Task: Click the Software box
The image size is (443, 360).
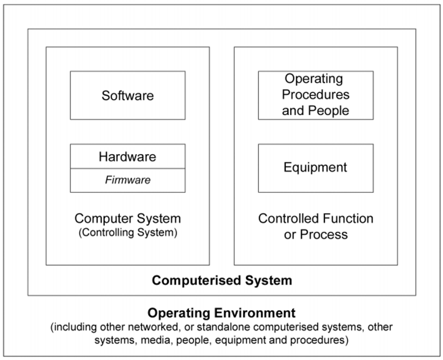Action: tap(127, 95)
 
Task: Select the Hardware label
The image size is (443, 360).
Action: tap(127, 156)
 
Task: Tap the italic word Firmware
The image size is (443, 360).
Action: tap(127, 180)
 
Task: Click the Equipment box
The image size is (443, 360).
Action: tap(315, 167)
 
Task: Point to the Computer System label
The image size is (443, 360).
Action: tap(127, 218)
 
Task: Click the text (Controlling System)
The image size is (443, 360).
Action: tap(127, 233)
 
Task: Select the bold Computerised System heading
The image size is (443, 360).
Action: tap(222, 281)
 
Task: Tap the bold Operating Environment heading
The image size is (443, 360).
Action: tap(222, 313)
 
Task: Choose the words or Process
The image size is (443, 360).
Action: tap(315, 235)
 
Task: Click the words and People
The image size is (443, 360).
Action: tap(315, 110)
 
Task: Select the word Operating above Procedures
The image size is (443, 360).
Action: tap(313, 79)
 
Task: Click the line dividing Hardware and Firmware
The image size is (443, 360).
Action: tap(127, 169)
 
